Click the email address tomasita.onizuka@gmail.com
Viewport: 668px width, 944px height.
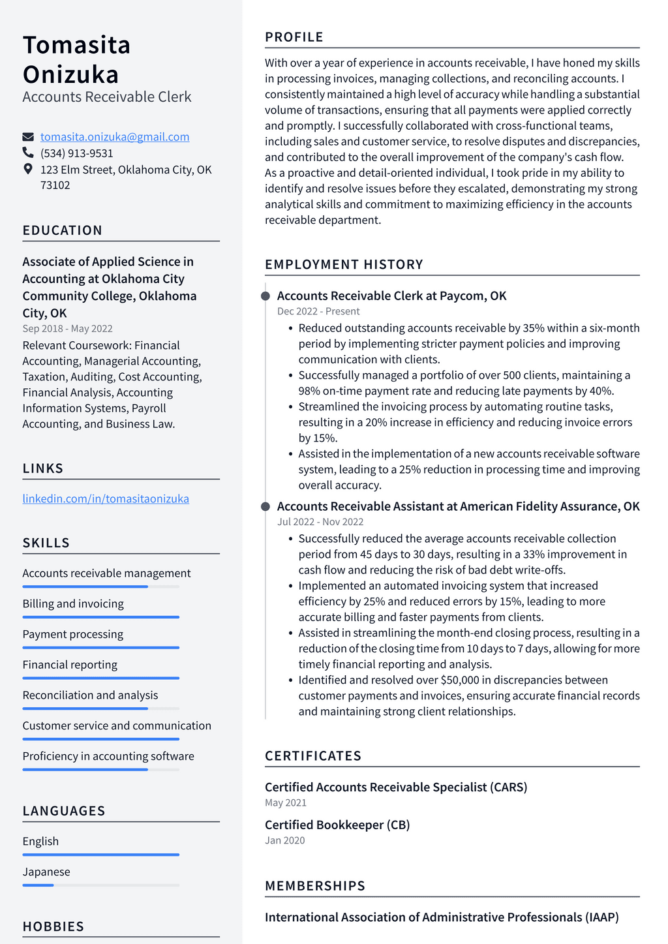[x=115, y=137]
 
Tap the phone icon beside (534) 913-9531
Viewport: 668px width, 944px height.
[x=28, y=153]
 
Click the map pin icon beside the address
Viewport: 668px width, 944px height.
[x=28, y=169]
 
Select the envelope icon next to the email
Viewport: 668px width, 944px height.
[x=28, y=137]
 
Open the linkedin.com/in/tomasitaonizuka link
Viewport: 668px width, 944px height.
[x=106, y=498]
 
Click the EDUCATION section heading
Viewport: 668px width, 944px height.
[x=63, y=230]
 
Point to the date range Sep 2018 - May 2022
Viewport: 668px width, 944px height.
[x=67, y=329]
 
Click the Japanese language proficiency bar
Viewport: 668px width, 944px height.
[x=100, y=885]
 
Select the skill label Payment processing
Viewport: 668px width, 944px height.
[x=73, y=634]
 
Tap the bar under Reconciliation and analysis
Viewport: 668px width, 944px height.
[x=100, y=708]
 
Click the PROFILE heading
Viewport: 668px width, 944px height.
[x=294, y=37]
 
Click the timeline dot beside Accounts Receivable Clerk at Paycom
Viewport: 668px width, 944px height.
[x=266, y=296]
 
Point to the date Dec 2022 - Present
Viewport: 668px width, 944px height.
[x=318, y=312]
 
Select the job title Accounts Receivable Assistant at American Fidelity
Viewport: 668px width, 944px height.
[x=458, y=506]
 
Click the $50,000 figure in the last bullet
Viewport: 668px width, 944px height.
[x=460, y=680]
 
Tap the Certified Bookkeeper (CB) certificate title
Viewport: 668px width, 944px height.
[x=337, y=825]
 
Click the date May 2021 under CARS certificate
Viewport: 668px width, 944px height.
[x=286, y=803]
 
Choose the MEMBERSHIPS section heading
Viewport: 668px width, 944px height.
[x=315, y=886]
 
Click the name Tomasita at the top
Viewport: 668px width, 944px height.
[x=77, y=45]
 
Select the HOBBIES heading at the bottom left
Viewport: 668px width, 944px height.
[x=53, y=926]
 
